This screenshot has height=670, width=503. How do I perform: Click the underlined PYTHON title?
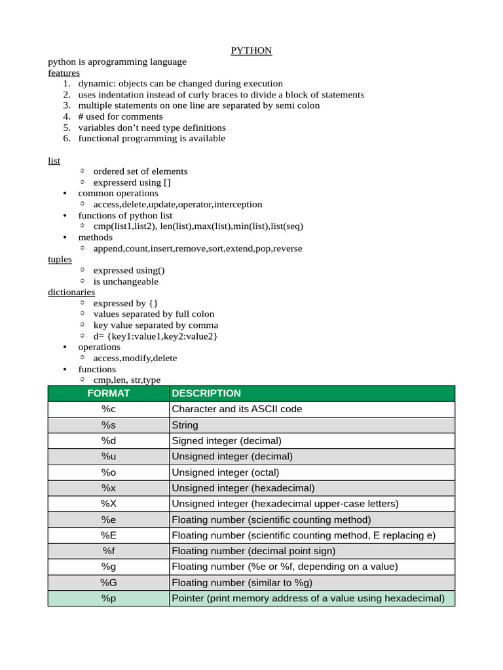(251, 50)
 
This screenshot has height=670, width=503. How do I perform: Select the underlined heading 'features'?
(64, 73)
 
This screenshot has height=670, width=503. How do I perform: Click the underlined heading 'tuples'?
(60, 259)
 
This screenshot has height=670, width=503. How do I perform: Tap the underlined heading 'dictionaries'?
(71, 292)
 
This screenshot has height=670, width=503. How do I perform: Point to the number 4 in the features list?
(66, 116)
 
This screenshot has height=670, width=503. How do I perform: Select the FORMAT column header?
(108, 393)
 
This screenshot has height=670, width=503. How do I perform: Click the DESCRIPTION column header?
(206, 393)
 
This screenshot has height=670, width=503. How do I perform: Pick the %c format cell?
(108, 409)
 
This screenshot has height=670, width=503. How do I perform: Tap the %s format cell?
(108, 425)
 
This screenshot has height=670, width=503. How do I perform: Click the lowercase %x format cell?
(108, 488)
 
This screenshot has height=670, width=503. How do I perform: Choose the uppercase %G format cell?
(108, 582)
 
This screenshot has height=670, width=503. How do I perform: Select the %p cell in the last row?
(108, 598)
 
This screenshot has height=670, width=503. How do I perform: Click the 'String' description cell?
(185, 425)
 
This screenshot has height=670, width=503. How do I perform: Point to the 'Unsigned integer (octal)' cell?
(225, 472)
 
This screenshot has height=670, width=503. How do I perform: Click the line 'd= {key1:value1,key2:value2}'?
(155, 336)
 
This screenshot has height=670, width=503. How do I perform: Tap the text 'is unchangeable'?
(126, 281)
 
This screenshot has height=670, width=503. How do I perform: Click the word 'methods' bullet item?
(95, 238)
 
